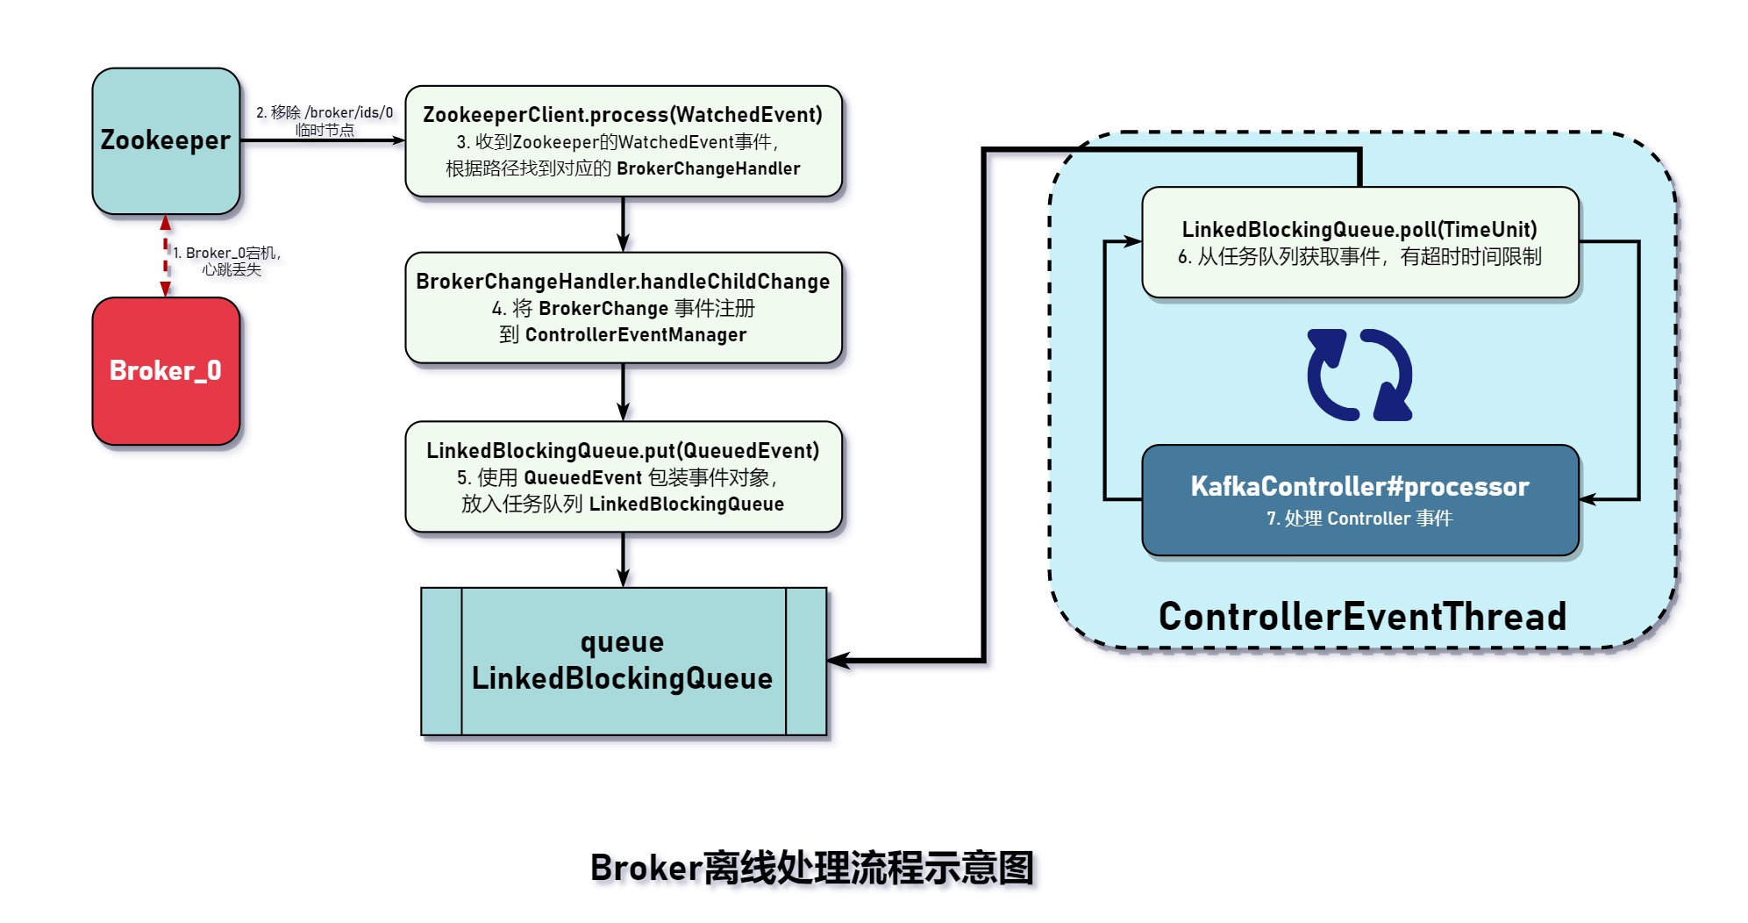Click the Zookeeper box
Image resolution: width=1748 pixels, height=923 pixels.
[166, 141]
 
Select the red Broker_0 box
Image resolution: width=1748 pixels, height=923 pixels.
[166, 371]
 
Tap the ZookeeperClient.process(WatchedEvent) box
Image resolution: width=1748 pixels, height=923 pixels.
[623, 141]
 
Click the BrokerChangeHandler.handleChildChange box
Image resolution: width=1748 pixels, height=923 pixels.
[623, 308]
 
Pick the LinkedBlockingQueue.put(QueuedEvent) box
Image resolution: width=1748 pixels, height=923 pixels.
[623, 476]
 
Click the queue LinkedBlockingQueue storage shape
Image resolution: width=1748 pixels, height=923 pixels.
[623, 661]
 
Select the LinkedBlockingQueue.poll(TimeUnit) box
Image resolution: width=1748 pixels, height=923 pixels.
[1359, 243]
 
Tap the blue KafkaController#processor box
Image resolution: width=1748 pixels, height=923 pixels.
[1359, 500]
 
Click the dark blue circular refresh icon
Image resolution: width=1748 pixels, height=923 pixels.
[1359, 376]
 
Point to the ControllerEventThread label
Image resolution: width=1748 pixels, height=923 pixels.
[1362, 617]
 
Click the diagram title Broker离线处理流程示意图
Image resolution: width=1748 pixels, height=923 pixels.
[812, 868]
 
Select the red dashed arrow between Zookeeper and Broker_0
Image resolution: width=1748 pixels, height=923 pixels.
[166, 256]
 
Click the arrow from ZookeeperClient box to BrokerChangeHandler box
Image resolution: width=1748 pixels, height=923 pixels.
[623, 225]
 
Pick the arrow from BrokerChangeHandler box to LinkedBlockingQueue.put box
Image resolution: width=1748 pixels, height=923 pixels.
[623, 392]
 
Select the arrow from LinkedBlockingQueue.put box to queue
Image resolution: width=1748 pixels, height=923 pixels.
[623, 560]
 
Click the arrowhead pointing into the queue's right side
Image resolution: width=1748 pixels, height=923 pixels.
[838, 661]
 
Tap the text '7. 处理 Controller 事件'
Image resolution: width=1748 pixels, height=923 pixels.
[1359, 519]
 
